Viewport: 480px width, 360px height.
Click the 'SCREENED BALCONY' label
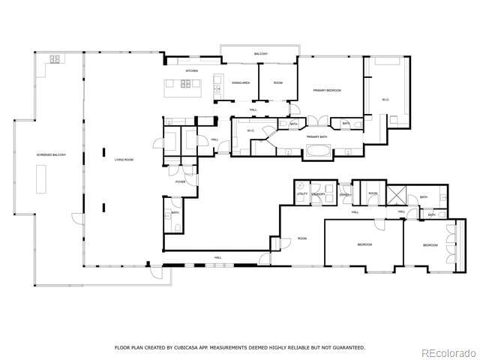pos(51,154)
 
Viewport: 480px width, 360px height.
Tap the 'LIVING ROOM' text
pos(124,160)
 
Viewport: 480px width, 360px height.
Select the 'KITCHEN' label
pos(191,71)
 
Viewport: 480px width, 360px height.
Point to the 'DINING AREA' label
pos(241,82)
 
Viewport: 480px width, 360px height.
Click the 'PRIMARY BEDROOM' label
pos(327,90)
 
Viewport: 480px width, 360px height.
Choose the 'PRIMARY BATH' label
pos(316,136)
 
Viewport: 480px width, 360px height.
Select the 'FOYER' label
pos(180,181)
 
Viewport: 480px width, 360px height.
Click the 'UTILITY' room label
pos(302,194)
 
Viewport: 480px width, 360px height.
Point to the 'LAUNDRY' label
pos(319,194)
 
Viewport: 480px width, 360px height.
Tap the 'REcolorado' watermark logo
pos(447,352)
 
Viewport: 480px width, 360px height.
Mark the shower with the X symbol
pos(396,194)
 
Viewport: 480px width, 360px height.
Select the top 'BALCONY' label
pos(260,54)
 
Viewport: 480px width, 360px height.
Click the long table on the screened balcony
pos(40,178)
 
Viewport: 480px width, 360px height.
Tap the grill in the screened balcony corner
pos(55,59)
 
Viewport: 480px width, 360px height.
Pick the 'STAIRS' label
pos(344,194)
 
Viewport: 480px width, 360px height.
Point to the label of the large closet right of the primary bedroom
pos(384,99)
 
